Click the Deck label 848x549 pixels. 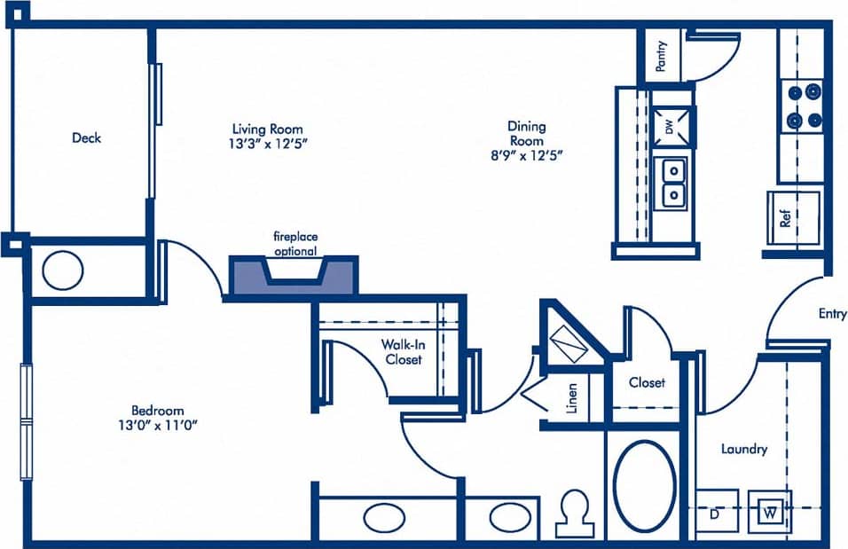tap(86, 137)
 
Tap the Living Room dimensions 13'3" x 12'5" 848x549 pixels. tap(268, 142)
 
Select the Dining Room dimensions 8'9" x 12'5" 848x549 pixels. tap(526, 153)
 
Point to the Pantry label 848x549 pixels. tap(661, 56)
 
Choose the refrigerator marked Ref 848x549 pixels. tap(785, 218)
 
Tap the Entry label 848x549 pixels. tap(832, 313)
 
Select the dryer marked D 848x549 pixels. tap(715, 513)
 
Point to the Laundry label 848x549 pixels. tap(743, 450)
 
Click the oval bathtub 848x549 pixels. tap(643, 479)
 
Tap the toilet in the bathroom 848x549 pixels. tap(577, 512)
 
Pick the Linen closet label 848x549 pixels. tap(571, 397)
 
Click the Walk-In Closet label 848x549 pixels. tap(402, 351)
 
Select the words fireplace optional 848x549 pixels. tap(294, 244)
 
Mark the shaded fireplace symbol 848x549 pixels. tap(294, 275)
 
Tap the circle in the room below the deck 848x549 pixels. tap(62, 271)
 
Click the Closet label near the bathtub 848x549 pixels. tap(647, 382)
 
